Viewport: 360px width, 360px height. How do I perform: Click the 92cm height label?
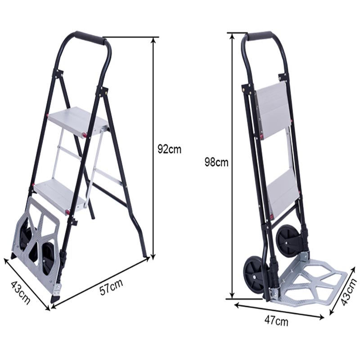(x=169, y=149)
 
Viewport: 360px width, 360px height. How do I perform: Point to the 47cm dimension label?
(x=276, y=321)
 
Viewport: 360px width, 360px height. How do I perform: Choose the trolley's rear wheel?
(x=287, y=241)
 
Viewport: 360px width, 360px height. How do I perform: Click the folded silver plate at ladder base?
(x=38, y=243)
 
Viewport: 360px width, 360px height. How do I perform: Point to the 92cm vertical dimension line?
(x=153, y=148)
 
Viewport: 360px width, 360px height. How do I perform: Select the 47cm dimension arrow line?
(x=279, y=311)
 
